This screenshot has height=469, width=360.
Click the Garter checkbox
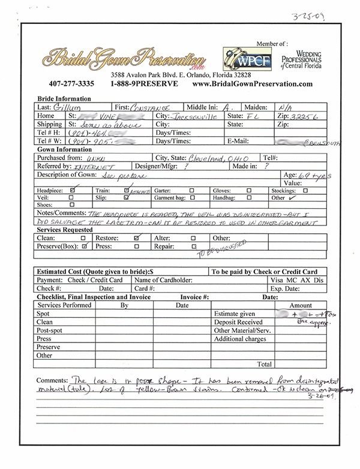coord(191,190)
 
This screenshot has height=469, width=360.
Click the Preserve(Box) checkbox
coord(85,245)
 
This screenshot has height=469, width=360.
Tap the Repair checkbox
coord(193,245)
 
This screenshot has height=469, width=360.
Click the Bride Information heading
coord(63,99)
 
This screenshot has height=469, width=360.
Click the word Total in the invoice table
coord(264,363)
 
